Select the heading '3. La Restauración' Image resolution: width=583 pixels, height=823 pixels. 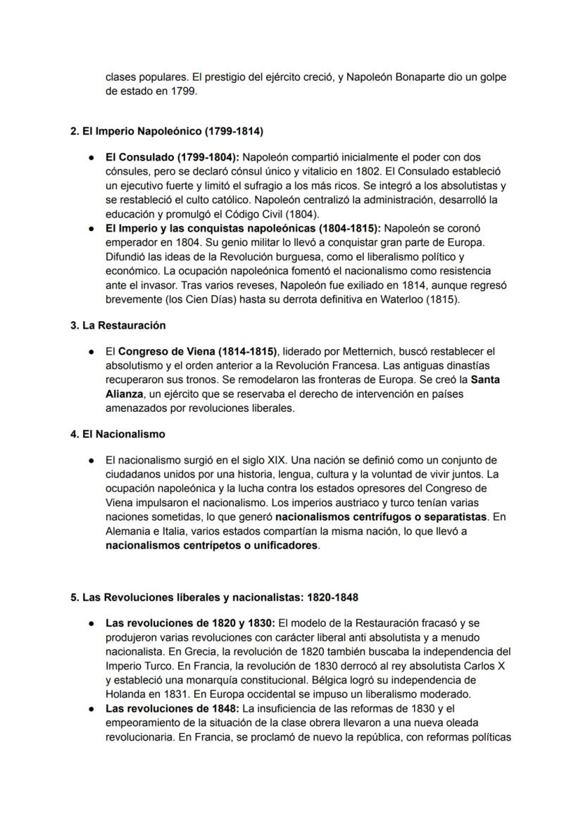click(x=118, y=325)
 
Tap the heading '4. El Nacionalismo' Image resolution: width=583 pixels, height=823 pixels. click(x=118, y=434)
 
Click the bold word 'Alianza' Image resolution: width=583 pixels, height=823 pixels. click(x=123, y=394)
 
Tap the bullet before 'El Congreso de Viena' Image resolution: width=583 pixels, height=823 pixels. click(x=92, y=351)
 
